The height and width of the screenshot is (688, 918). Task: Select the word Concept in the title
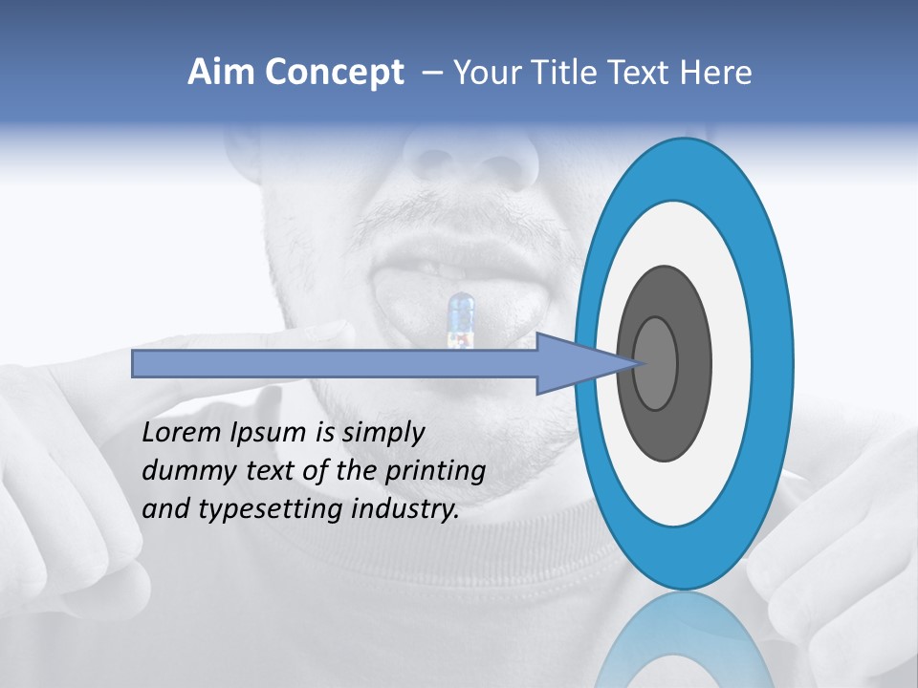click(x=334, y=74)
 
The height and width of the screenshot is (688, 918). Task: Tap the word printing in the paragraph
click(x=435, y=471)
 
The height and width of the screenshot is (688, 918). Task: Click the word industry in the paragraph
click(x=405, y=509)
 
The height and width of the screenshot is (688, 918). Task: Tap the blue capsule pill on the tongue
click(x=461, y=319)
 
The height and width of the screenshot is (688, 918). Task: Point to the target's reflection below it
click(x=684, y=640)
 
